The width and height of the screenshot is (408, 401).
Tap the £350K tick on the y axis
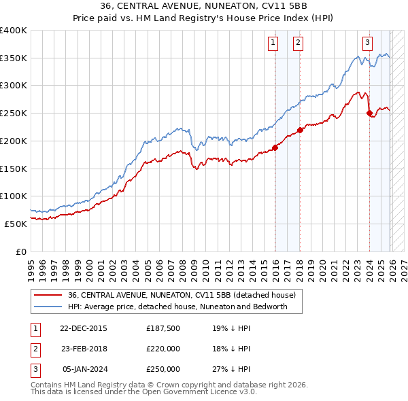point(14,58)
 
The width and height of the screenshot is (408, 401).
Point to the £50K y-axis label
point(16,223)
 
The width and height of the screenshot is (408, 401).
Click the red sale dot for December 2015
point(275,147)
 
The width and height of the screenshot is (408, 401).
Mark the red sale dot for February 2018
point(301,130)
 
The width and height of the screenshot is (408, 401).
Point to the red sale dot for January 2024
point(369,114)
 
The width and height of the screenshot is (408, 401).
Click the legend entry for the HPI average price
point(177,307)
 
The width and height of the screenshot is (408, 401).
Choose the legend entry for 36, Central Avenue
point(181,296)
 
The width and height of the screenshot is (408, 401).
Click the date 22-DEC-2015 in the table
point(84,328)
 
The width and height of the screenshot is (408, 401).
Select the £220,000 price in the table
point(163,349)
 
